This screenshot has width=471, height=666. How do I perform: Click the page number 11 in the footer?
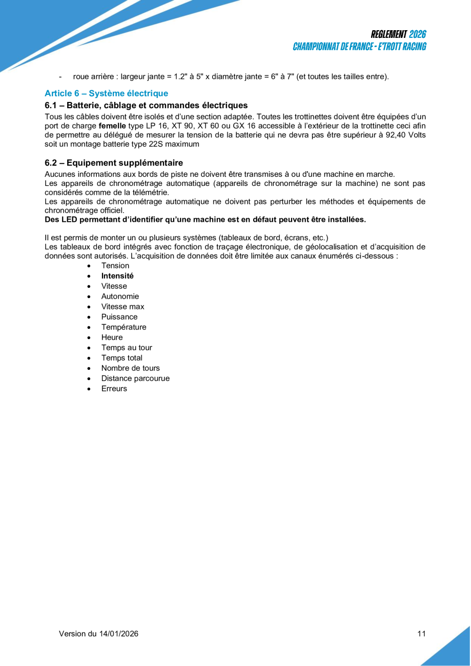421,634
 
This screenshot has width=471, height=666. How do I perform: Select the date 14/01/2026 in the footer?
118,634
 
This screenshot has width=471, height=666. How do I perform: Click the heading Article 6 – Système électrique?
106,93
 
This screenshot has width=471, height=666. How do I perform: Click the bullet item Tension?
115,265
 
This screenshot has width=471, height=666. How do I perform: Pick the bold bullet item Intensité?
117,276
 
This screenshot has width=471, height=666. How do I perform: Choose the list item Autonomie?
120,296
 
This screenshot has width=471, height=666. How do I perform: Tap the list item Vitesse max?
122,306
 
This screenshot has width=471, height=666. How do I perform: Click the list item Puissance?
119,317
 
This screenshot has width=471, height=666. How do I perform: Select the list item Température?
124,327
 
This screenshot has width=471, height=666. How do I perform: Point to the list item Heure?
112,337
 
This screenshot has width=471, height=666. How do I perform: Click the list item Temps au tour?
127,347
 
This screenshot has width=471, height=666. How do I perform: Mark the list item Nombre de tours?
130,368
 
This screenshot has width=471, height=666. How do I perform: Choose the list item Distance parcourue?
135,378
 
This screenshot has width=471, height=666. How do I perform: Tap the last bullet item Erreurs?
114,388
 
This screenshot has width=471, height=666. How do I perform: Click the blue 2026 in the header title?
418,34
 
